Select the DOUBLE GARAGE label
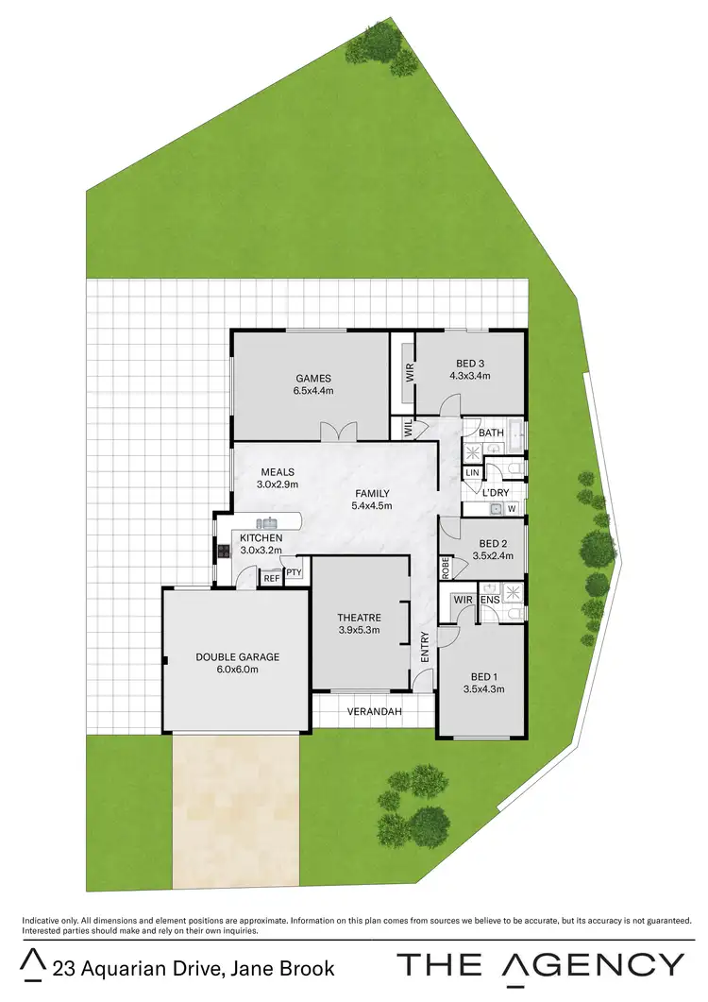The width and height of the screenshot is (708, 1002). [x=238, y=657]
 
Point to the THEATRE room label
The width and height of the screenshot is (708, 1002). [x=359, y=619]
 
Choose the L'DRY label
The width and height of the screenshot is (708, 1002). [x=497, y=493]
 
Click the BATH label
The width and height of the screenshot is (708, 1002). [x=491, y=433]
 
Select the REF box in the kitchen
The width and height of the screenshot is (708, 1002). [x=271, y=578]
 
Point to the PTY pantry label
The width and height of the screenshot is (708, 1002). [x=294, y=572]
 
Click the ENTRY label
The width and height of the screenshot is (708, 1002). [x=425, y=645]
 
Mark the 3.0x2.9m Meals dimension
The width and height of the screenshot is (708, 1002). [x=277, y=484]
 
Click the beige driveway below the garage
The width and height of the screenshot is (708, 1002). [x=235, y=812]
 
